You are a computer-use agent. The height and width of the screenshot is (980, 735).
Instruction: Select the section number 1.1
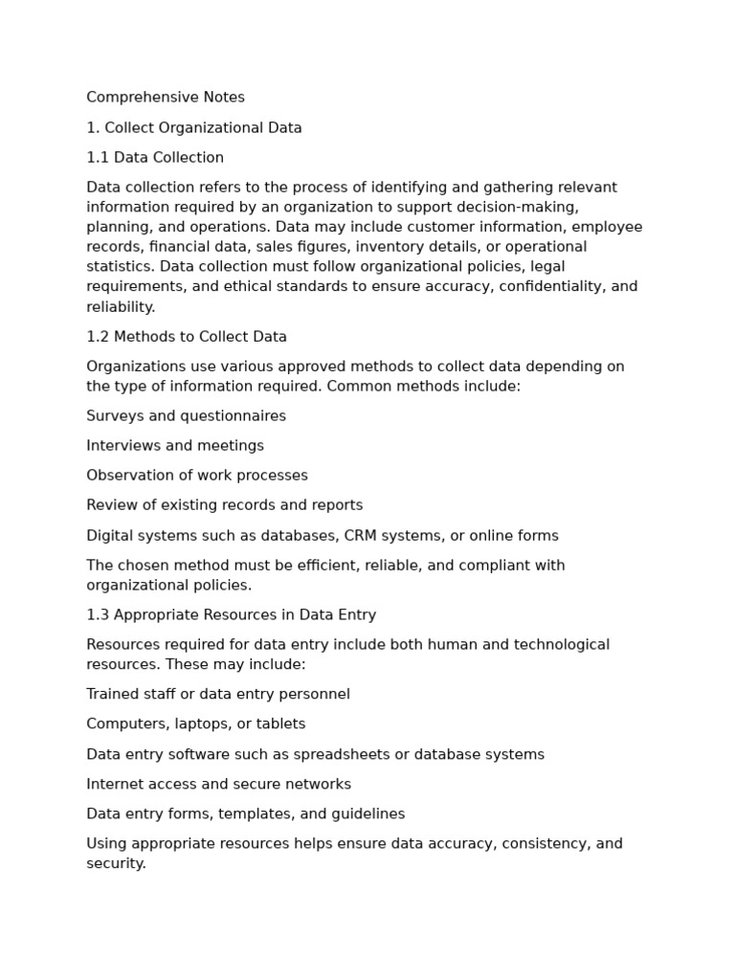point(98,158)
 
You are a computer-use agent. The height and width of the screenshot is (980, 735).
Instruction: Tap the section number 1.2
point(98,337)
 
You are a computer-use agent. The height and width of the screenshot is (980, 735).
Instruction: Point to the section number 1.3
point(98,615)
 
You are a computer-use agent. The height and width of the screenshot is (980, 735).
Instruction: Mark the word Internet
point(115,785)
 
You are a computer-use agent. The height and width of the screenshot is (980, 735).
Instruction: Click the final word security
point(116,863)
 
